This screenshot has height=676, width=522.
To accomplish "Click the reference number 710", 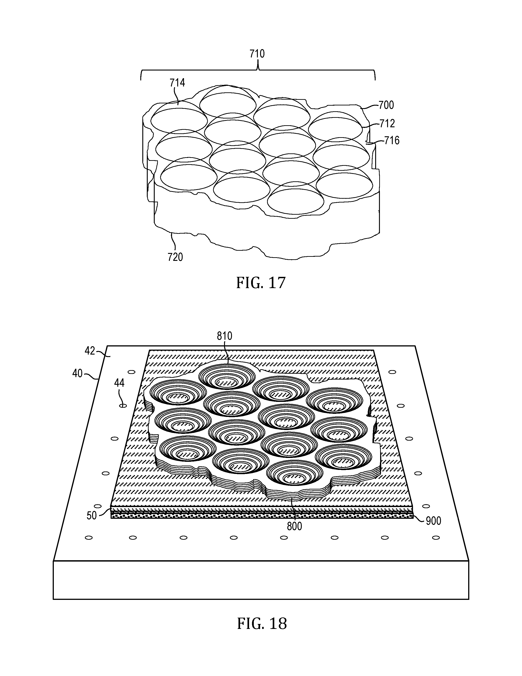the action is (x=257, y=54).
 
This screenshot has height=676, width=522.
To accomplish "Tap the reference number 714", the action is (x=177, y=83).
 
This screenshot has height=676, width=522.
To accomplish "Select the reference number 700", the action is (x=386, y=105).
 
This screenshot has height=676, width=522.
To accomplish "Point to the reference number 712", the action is (x=387, y=123).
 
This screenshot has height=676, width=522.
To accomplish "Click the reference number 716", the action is (x=392, y=141).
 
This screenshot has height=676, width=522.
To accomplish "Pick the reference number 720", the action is (x=175, y=257).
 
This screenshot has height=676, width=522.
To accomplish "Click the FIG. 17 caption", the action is (x=261, y=283).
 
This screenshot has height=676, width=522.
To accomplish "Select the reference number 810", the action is (x=225, y=336).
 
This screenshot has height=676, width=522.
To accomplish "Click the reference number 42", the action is (x=90, y=351).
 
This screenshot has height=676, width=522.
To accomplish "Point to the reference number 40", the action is (x=77, y=374).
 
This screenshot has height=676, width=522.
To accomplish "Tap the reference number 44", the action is (x=119, y=383).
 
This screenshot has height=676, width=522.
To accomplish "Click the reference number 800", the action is (x=294, y=526).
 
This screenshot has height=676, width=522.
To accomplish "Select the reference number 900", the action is (x=433, y=521).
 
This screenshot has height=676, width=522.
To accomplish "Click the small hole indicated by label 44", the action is (x=123, y=405).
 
